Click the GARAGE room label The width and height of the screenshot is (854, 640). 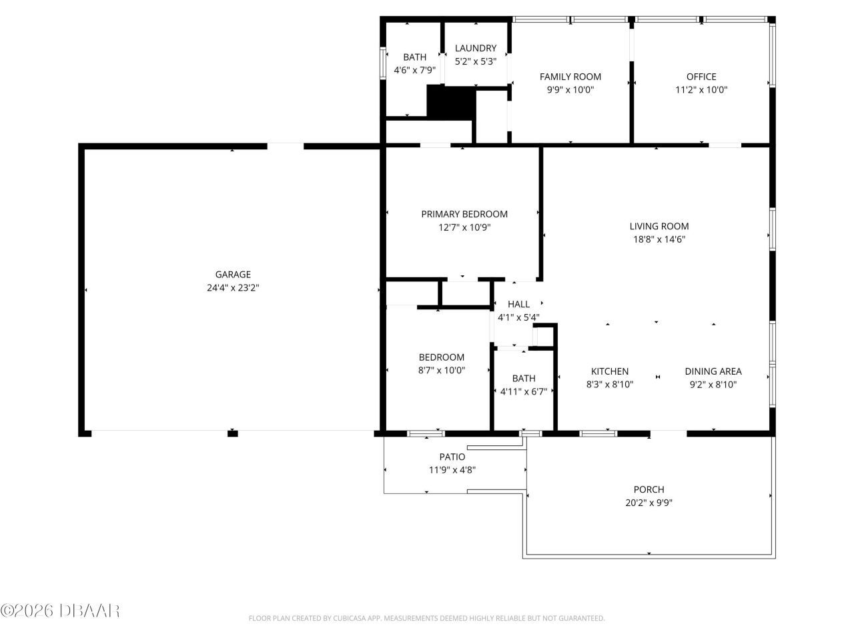(x=233, y=274)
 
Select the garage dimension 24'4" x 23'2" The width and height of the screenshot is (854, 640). (x=233, y=288)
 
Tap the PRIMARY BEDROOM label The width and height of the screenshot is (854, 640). (x=464, y=214)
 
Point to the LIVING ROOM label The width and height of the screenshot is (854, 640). (x=659, y=226)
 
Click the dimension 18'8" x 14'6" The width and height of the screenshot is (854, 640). (x=659, y=239)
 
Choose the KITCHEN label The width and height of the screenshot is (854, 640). (x=609, y=371)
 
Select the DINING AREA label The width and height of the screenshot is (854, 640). (x=713, y=371)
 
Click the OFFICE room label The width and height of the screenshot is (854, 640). (x=701, y=77)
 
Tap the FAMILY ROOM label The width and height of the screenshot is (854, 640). (x=570, y=77)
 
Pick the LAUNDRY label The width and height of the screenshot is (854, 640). (x=475, y=48)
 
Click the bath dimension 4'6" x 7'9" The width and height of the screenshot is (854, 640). (x=414, y=70)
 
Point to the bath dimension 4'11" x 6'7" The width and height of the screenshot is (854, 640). (x=524, y=391)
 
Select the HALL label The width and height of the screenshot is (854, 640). (x=518, y=304)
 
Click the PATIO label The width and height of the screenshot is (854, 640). (x=452, y=457)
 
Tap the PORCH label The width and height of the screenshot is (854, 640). (x=649, y=489)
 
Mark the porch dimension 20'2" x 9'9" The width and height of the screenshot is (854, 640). (x=649, y=503)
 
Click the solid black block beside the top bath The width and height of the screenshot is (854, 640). (x=450, y=102)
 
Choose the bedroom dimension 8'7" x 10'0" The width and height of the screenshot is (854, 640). (x=441, y=370)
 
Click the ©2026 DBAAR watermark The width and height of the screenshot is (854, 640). (x=60, y=610)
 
